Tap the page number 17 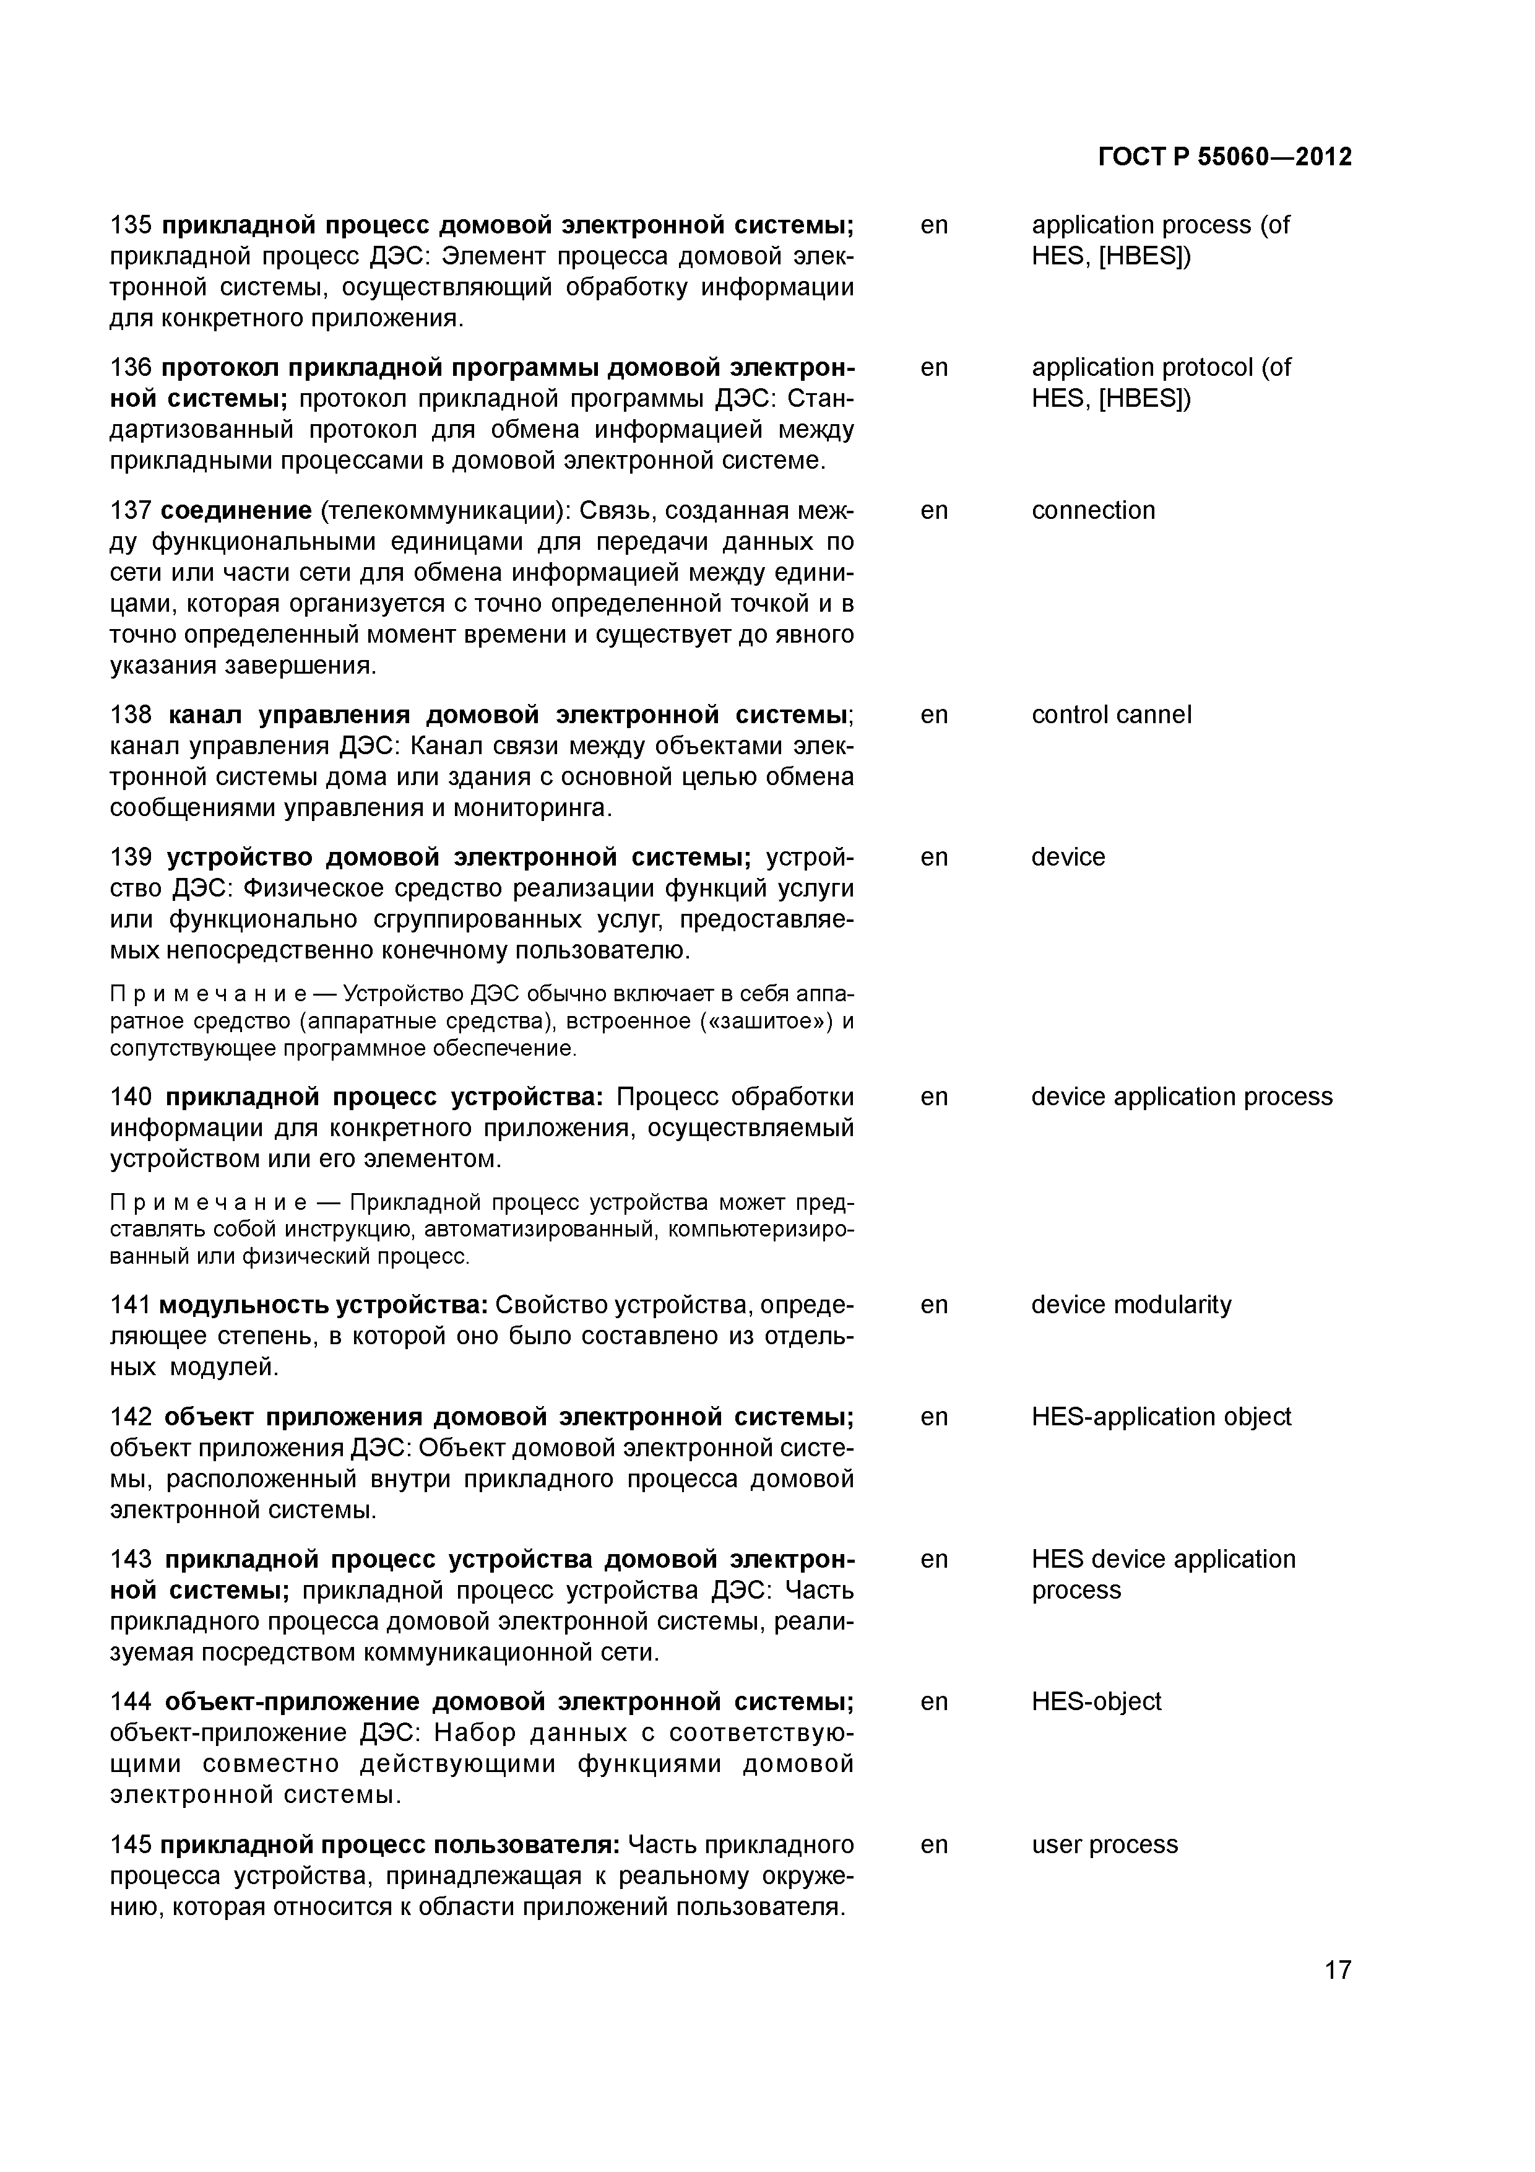point(1338,1970)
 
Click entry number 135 point(131,225)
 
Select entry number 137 point(131,511)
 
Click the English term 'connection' point(1092,511)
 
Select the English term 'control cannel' point(1110,715)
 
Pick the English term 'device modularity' point(1131,1305)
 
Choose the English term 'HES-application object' point(1161,1417)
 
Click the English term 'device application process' point(1182,1097)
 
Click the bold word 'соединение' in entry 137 point(235,511)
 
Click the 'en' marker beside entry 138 point(933,715)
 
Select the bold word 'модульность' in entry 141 point(241,1305)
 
